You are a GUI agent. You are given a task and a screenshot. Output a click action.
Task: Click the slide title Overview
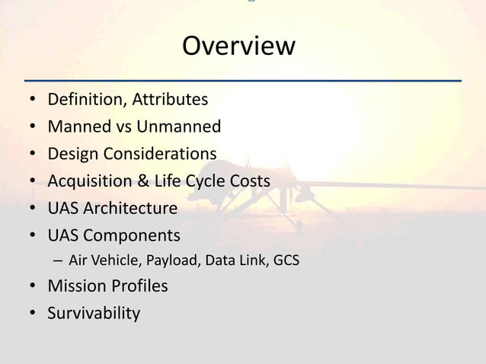coord(238,46)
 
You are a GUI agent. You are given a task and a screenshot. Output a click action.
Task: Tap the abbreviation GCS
coord(285,261)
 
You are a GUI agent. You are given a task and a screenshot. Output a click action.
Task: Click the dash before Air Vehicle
coord(59,261)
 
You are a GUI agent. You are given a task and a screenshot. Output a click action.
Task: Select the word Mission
coord(75,286)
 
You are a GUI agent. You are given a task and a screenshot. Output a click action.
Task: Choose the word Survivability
coord(94,313)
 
